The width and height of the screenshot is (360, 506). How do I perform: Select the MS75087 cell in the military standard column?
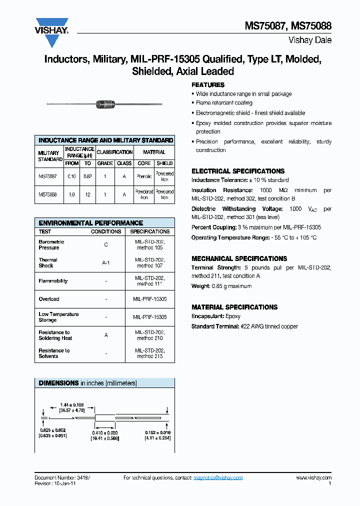tap(48, 176)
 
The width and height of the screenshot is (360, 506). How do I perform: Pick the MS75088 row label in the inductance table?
tap(48, 194)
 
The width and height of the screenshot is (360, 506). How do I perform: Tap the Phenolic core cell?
tap(144, 176)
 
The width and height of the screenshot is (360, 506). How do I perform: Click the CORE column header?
tap(144, 163)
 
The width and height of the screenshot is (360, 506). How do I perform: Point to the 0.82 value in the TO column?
tap(87, 176)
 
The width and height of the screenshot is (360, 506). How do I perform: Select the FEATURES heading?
tap(208, 85)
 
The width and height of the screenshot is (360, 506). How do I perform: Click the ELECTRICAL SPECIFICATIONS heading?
tap(238, 171)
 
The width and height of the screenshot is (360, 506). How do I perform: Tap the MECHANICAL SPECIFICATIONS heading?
tap(239, 258)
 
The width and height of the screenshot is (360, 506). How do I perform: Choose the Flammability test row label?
tap(53, 281)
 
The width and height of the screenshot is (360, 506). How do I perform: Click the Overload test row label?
tap(49, 299)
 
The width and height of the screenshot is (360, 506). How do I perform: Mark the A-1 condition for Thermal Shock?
tap(106, 262)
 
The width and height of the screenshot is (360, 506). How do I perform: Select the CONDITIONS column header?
tap(106, 231)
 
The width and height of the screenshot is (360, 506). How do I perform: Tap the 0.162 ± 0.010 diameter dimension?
tap(158, 433)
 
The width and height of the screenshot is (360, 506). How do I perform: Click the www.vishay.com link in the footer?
tap(313, 477)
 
